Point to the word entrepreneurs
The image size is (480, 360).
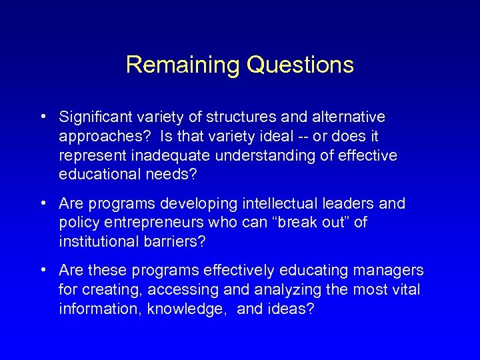pyautogui.click(x=145, y=222)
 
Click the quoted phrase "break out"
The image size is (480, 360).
pyautogui.click(x=305, y=222)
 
